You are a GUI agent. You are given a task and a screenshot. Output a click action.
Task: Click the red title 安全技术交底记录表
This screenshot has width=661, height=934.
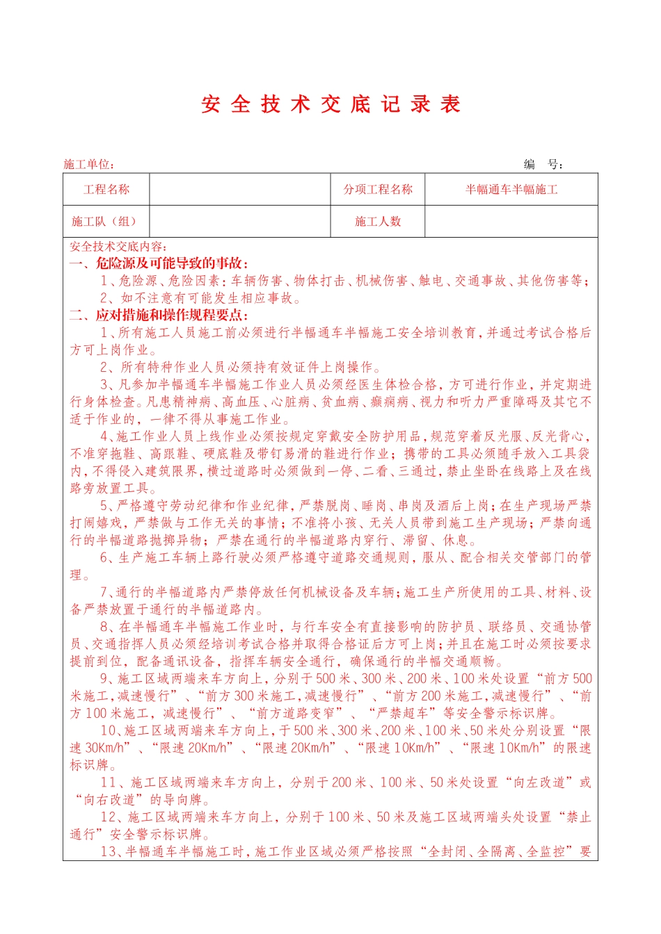(331, 104)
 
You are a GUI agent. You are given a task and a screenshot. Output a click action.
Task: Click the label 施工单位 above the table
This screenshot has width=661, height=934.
(88, 164)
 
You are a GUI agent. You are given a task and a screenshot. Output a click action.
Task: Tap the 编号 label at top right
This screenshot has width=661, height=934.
(543, 164)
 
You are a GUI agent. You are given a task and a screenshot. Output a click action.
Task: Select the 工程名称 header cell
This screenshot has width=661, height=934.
(106, 189)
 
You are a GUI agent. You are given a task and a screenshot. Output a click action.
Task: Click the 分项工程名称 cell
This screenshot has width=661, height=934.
(378, 189)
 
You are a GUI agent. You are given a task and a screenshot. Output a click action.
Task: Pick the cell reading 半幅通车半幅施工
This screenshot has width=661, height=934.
(511, 189)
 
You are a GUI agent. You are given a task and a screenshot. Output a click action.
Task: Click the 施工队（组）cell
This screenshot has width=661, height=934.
(104, 221)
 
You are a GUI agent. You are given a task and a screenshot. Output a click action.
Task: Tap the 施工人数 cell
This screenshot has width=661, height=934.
(378, 221)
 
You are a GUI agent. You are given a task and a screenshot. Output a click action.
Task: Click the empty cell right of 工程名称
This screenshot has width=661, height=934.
(239, 189)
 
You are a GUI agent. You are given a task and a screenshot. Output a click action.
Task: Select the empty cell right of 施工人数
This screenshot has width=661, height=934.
(511, 221)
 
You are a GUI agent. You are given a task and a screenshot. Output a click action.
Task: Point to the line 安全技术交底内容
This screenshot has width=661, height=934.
(118, 247)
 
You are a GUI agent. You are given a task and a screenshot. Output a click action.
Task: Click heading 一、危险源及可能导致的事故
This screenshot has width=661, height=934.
(159, 263)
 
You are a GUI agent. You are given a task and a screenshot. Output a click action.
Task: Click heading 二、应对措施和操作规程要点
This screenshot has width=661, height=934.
(159, 316)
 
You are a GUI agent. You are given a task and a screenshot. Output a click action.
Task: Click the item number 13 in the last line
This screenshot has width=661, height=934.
(108, 851)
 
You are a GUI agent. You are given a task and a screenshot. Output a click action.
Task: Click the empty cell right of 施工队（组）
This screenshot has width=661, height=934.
(239, 221)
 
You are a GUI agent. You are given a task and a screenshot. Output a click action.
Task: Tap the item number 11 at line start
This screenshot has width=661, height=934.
(108, 783)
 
